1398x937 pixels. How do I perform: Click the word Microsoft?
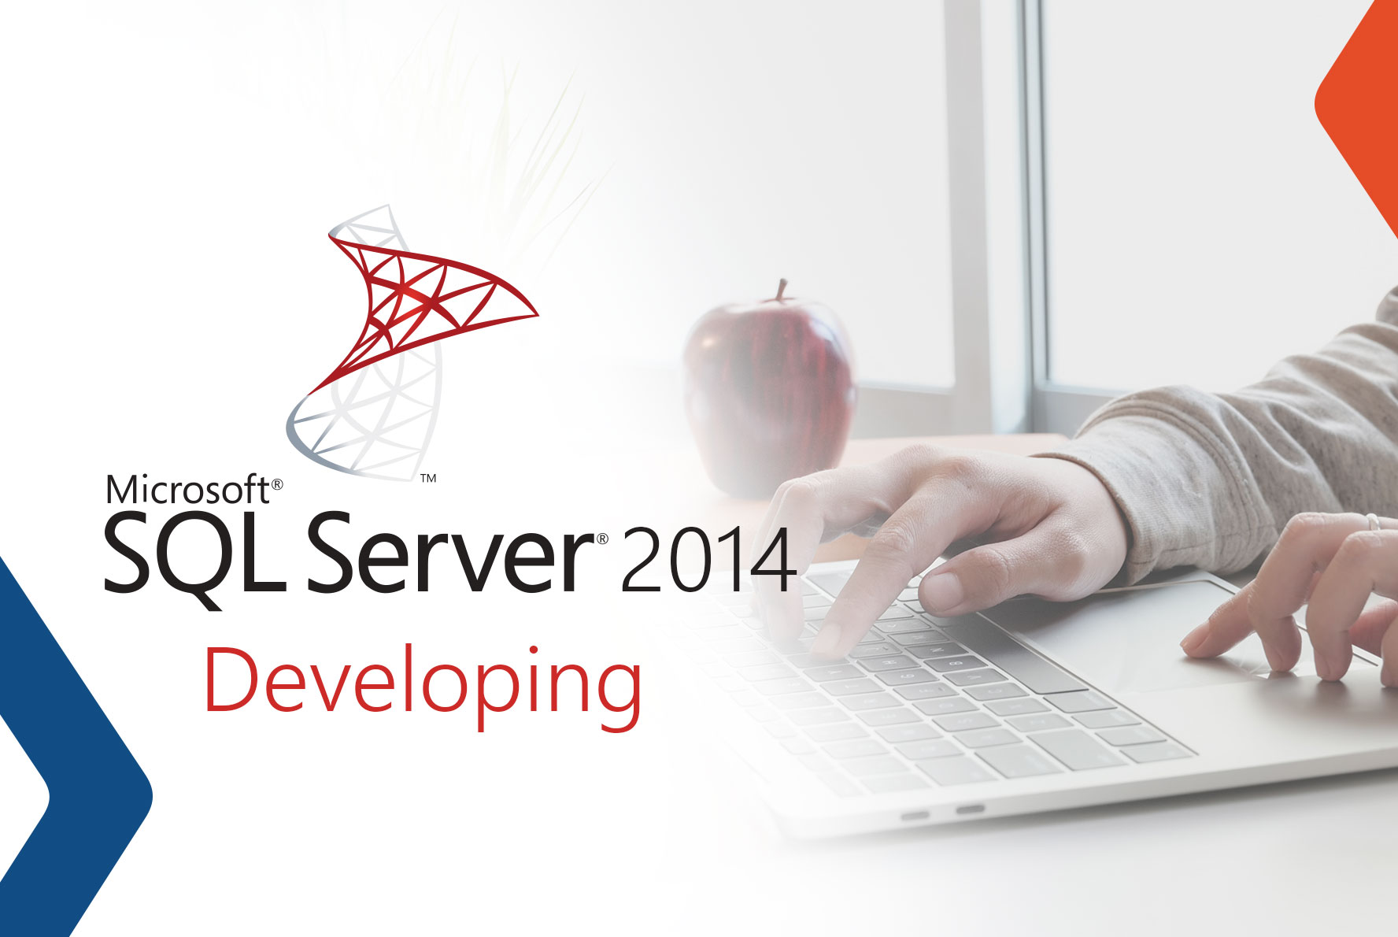[x=187, y=490]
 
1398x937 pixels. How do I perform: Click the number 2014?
[x=707, y=561]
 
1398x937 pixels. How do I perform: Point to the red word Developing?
[x=423, y=680]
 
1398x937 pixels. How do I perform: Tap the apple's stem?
[x=782, y=290]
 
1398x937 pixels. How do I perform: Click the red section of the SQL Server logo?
[x=425, y=295]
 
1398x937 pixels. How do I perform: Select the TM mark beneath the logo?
[x=428, y=478]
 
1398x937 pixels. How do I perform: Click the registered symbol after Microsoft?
[x=276, y=486]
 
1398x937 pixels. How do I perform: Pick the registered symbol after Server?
[x=602, y=539]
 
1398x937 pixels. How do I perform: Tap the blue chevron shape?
[x=71, y=756]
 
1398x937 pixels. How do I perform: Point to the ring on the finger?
[x=1373, y=522]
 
